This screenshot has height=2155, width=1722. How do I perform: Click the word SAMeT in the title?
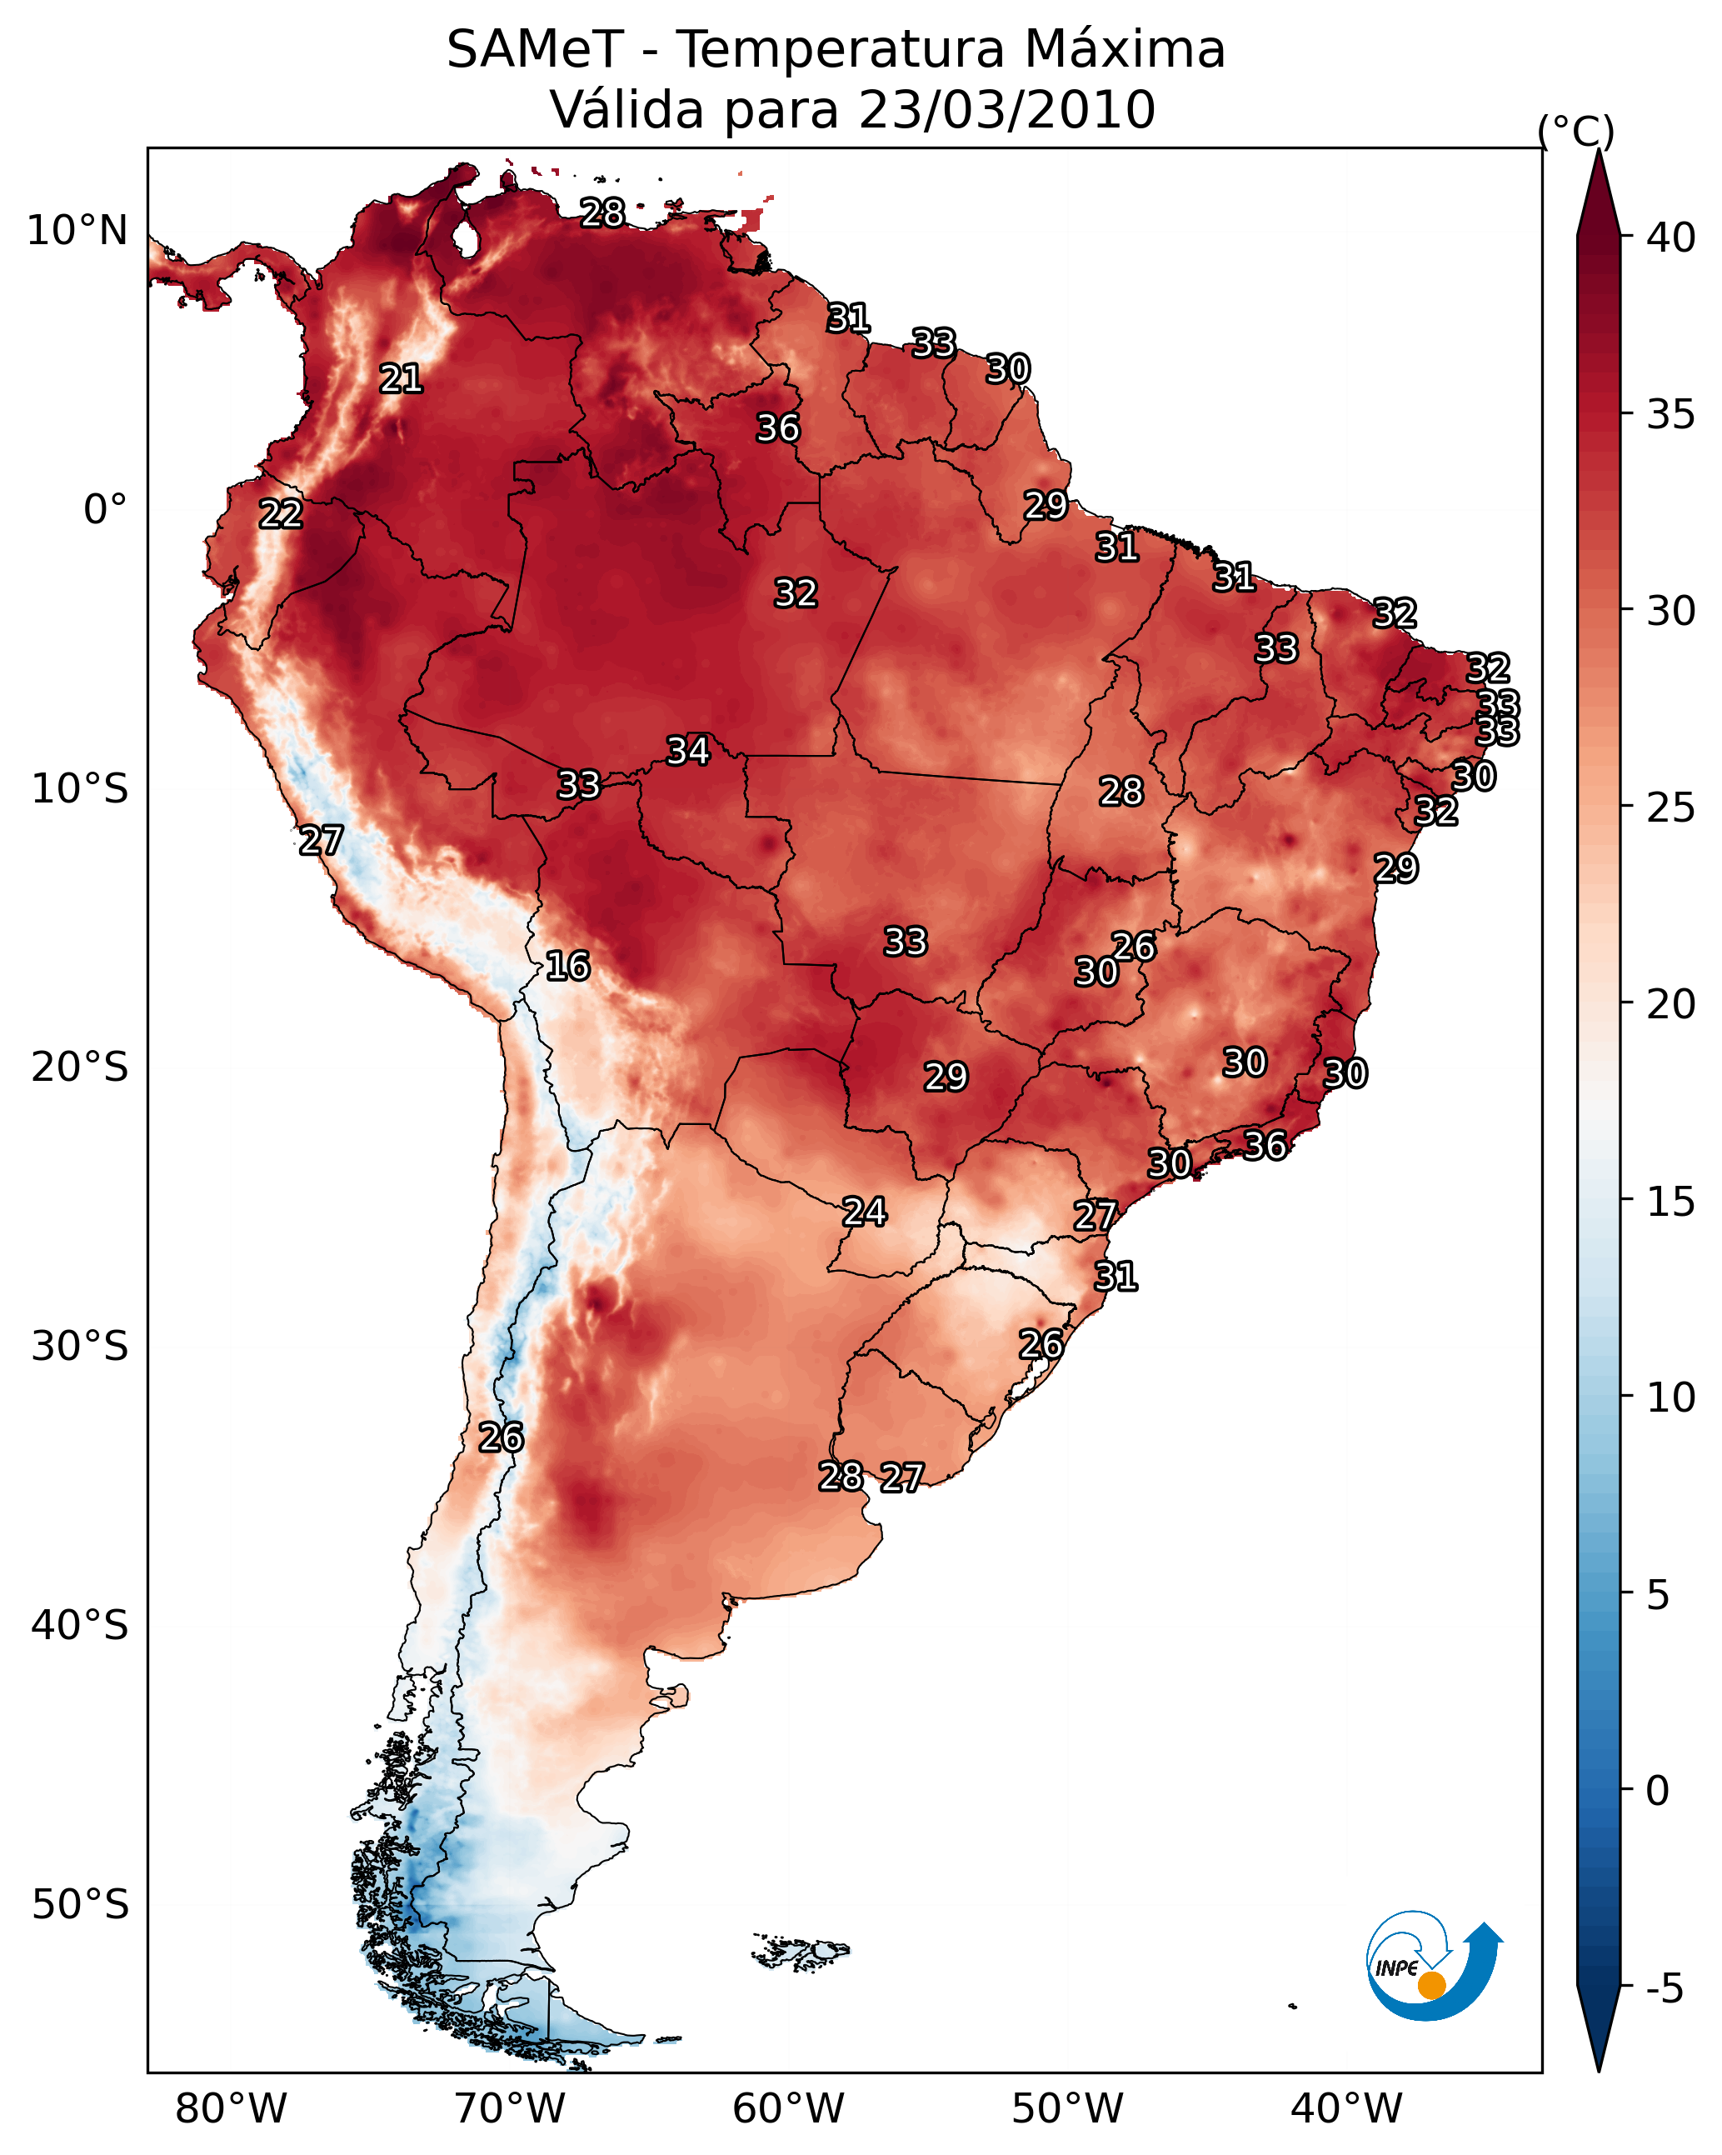click(x=535, y=50)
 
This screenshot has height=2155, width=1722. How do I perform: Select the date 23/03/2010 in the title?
click(x=1006, y=110)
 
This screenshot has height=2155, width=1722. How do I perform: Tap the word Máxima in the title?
click(x=1116, y=50)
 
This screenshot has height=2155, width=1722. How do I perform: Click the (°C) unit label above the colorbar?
click(x=1576, y=131)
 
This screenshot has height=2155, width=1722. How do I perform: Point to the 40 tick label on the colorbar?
click(x=1671, y=237)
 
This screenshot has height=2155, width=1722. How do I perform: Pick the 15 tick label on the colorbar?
click(x=1671, y=1202)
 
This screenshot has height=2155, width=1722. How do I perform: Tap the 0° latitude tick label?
click(x=106, y=510)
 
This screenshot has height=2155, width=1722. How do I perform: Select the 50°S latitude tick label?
click(x=80, y=1905)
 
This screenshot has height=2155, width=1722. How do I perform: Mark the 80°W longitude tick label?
click(x=231, y=2108)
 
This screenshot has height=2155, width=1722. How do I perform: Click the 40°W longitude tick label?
click(x=1346, y=2108)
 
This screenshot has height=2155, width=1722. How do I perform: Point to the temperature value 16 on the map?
click(x=567, y=966)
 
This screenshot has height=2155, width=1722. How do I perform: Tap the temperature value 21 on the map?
click(x=401, y=379)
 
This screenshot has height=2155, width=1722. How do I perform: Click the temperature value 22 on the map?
click(x=281, y=514)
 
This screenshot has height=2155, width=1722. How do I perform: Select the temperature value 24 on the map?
click(x=865, y=1212)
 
